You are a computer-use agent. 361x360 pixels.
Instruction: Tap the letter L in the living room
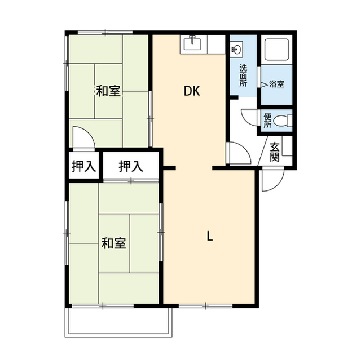pyautogui.click(x=209, y=237)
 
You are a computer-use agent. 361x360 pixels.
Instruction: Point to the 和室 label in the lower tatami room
pyautogui.click(x=113, y=243)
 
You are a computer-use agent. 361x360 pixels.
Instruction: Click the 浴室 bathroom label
pyautogui.click(x=276, y=84)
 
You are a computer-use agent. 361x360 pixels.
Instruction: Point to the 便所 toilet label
pyautogui.click(x=267, y=120)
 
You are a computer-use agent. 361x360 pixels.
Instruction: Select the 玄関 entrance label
pyautogui.click(x=275, y=152)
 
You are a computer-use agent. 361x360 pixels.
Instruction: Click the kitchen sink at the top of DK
pyautogui.click(x=193, y=43)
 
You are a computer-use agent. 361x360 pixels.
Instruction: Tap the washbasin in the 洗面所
pyautogui.click(x=237, y=50)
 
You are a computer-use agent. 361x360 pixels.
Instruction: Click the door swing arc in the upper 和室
pyautogui.click(x=81, y=139)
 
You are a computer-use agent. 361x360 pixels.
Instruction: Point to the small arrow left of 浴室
pyautogui.click(x=263, y=84)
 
